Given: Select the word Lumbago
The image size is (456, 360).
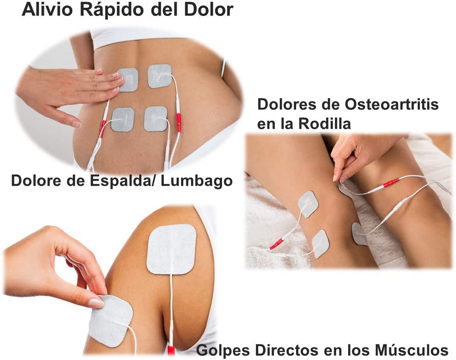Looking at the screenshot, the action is (197, 181).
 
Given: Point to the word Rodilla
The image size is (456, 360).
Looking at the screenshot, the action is (325, 124).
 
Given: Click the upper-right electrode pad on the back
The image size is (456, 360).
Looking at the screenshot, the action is (159, 76).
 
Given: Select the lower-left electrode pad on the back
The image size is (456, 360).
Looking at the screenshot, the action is (122, 119).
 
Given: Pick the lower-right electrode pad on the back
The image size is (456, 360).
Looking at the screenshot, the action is (156, 118).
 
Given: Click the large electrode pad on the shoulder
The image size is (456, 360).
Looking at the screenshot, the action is (172, 249).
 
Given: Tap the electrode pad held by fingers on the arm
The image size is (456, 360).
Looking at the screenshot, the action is (111, 320).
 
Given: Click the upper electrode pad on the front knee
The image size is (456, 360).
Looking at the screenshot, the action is (309, 204).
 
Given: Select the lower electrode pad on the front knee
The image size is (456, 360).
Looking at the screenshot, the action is (321, 243).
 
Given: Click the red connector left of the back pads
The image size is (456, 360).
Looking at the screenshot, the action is (103, 128).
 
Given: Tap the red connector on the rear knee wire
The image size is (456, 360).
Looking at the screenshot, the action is (391, 183).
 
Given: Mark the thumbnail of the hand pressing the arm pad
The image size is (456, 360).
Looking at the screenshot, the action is (96, 303).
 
